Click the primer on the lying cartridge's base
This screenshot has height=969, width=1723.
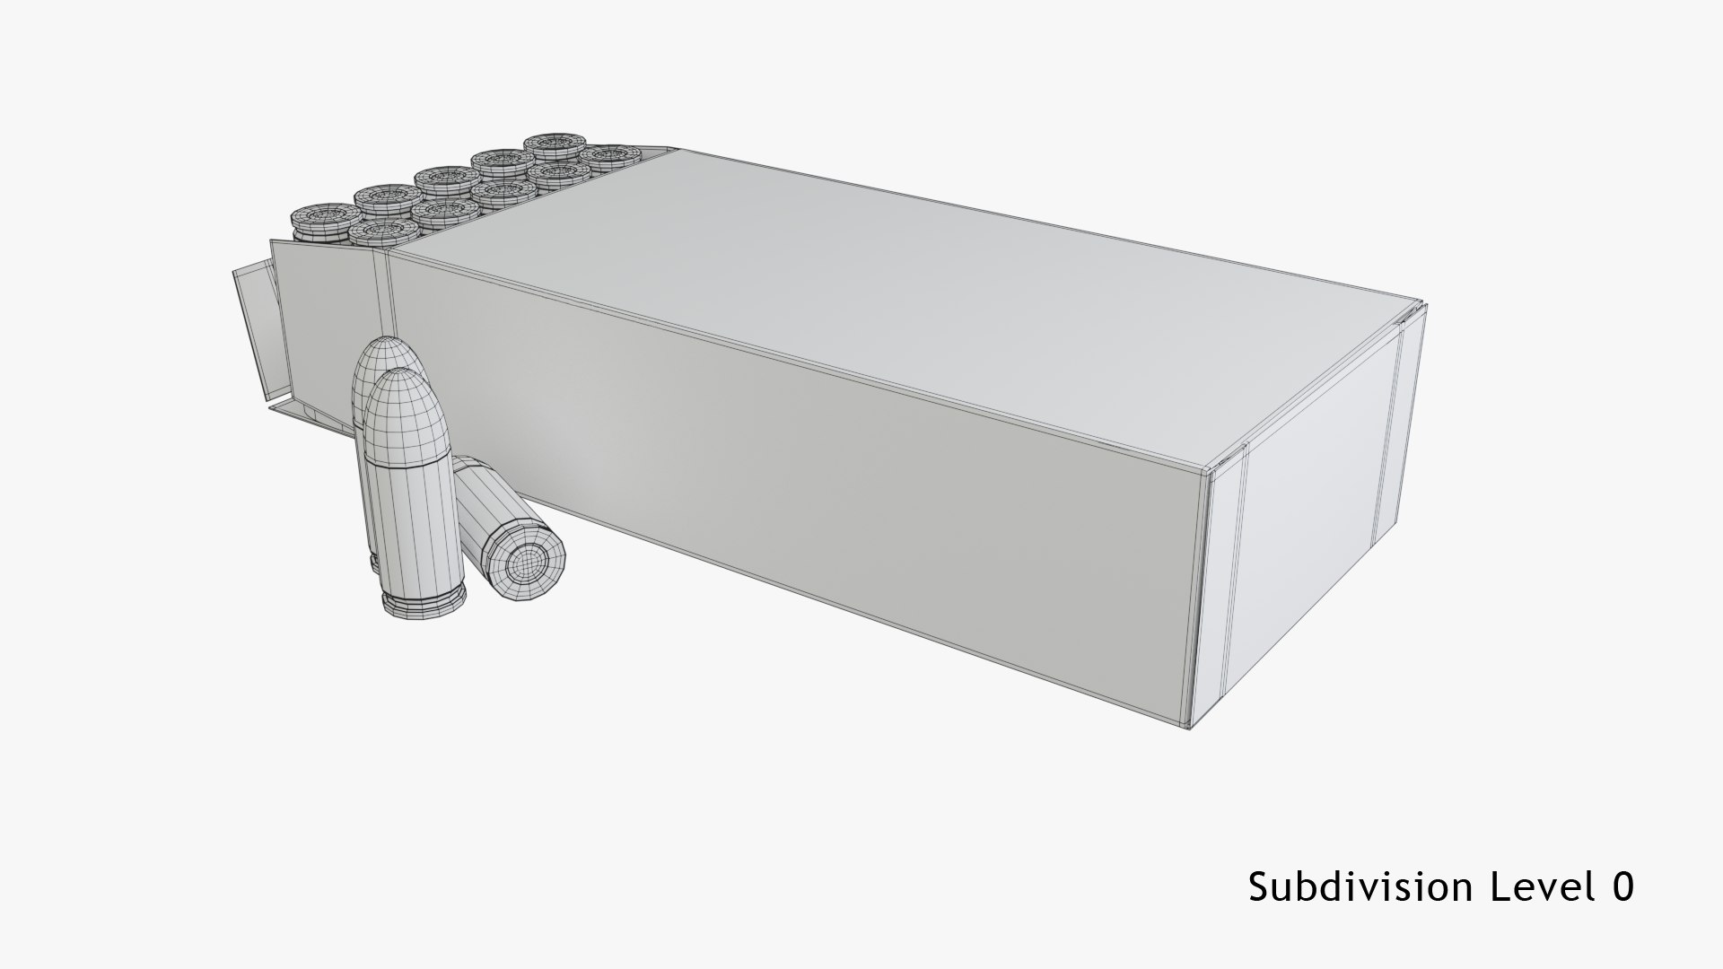click(526, 562)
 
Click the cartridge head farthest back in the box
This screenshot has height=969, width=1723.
click(555, 144)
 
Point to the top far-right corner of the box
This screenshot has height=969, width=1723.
click(1425, 302)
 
